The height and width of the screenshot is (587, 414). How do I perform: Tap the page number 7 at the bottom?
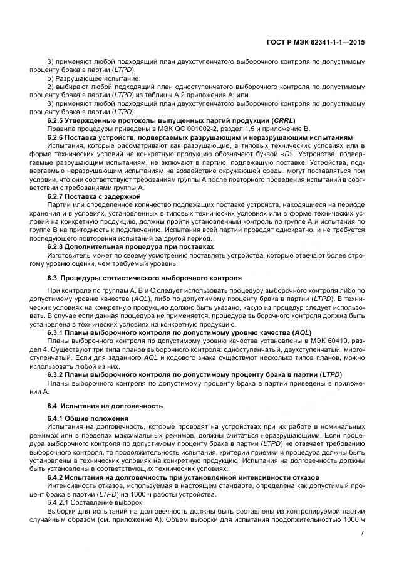(x=363, y=532)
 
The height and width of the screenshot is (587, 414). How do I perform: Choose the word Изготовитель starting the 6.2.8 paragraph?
(x=68, y=255)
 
